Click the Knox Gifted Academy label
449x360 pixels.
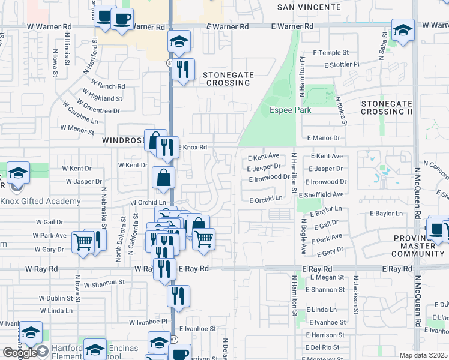click(x=40, y=201)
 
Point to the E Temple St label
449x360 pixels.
click(x=330, y=53)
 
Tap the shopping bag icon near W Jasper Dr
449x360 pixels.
click(x=164, y=178)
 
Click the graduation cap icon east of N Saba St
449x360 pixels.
click(x=403, y=29)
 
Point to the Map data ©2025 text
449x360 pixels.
click(x=423, y=355)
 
